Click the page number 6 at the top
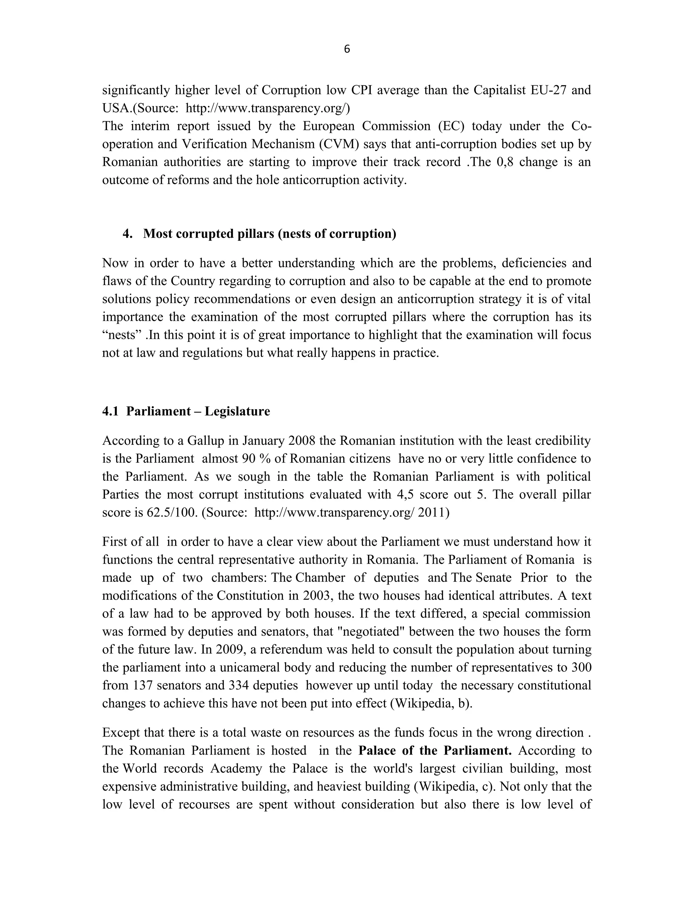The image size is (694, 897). [x=347, y=49]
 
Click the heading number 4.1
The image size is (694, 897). [x=110, y=411]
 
